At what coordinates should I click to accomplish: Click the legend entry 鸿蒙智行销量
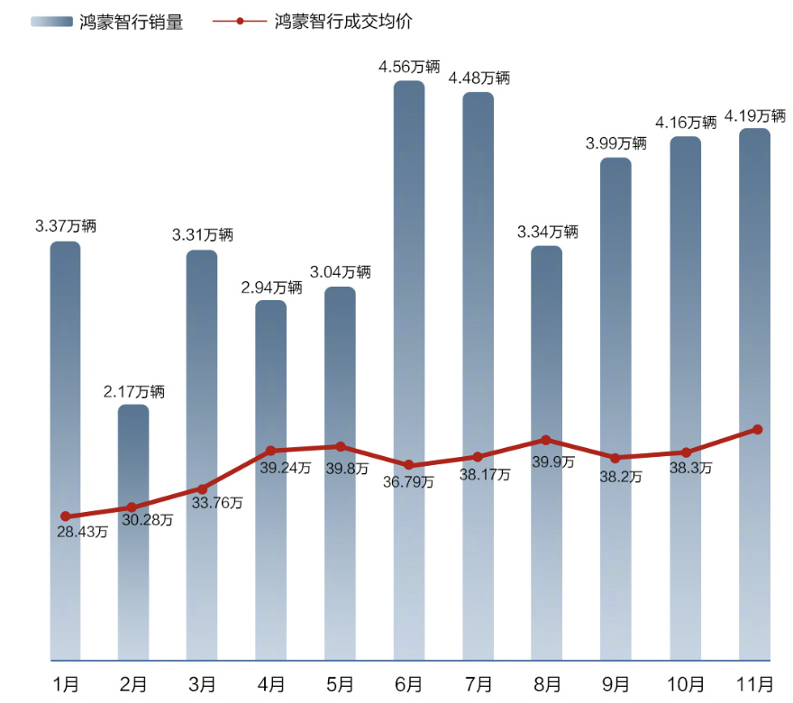[106, 23]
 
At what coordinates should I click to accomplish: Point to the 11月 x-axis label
[754, 684]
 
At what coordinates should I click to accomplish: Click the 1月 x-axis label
[65, 684]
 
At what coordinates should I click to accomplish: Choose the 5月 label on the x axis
[341, 684]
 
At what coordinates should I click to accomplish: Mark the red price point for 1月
[65, 516]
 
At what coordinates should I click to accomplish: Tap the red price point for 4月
[271, 450]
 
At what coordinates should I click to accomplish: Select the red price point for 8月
[546, 440]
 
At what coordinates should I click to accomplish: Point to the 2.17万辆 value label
[133, 391]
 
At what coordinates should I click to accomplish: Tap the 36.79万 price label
[408, 482]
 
